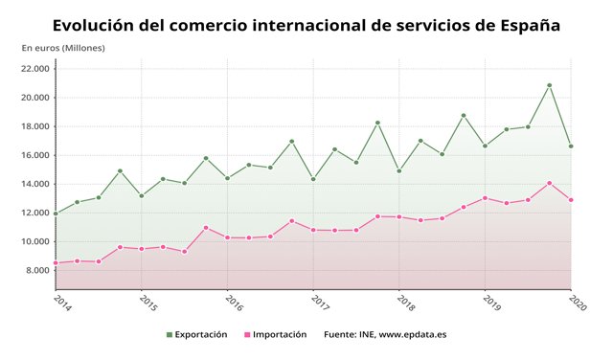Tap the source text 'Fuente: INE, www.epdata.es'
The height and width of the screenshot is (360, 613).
click(385, 334)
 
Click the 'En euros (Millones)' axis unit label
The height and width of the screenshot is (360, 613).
click(63, 47)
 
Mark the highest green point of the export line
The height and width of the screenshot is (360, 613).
click(549, 85)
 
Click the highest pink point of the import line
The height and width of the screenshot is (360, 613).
click(549, 183)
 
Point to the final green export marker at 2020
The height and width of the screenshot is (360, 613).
click(571, 146)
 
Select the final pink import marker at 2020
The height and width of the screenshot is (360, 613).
click(571, 200)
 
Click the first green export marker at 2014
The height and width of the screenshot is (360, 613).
click(56, 214)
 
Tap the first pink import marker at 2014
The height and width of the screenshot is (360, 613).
click(56, 262)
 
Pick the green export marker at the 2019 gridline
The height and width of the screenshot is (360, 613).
click(485, 146)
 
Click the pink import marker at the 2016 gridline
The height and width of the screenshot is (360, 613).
click(227, 237)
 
